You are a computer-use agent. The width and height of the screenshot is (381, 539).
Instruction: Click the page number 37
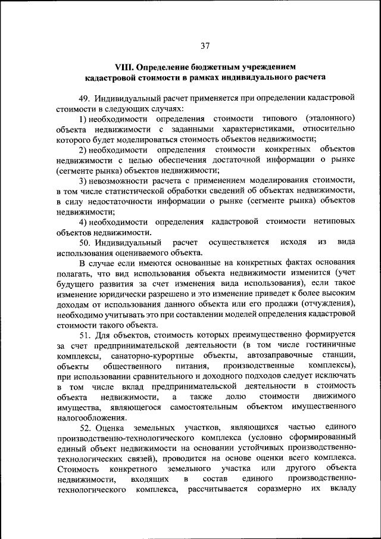pos(205,46)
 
